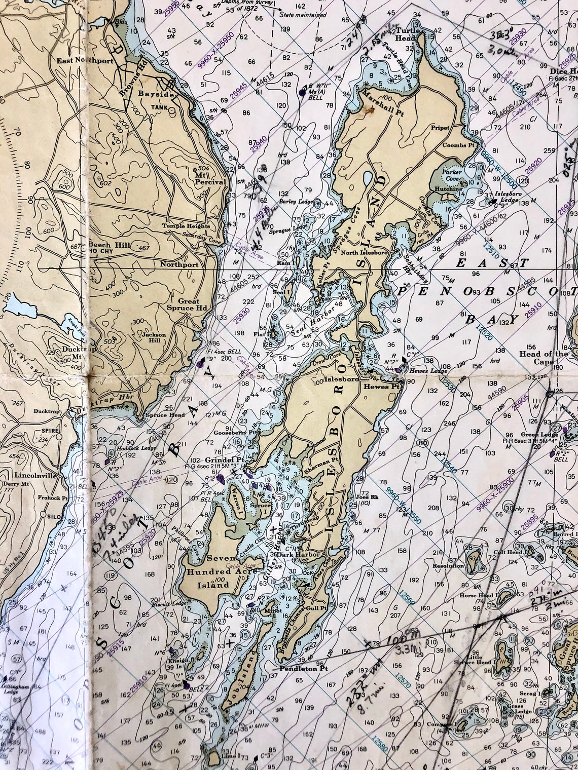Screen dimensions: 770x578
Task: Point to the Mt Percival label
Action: [x=195, y=175]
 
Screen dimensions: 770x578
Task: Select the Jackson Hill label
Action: [x=154, y=337]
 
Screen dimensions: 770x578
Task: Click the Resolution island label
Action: [x=448, y=566]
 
